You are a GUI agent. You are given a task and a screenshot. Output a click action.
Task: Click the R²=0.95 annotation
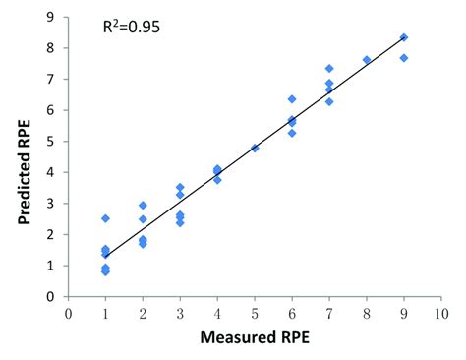tap(133, 28)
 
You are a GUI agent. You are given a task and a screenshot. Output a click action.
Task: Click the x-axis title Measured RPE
tap(255, 340)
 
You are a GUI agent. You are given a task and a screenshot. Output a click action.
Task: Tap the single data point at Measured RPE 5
tap(255, 149)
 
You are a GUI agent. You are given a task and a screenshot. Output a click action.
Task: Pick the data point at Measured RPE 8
tap(367, 60)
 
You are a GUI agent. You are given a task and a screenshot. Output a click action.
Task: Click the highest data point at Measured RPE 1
tap(105, 218)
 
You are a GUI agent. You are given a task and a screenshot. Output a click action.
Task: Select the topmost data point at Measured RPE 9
tap(404, 37)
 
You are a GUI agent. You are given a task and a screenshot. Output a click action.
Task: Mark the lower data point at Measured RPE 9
tap(404, 58)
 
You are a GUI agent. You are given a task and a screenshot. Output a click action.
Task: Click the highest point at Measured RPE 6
tap(292, 99)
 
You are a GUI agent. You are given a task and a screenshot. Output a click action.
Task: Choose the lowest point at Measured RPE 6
tap(292, 133)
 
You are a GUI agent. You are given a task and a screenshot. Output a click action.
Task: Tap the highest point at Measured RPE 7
tap(329, 69)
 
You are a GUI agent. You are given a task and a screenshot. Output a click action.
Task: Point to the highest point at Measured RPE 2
tap(143, 206)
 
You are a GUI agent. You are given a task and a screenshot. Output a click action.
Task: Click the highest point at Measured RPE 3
tap(180, 187)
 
